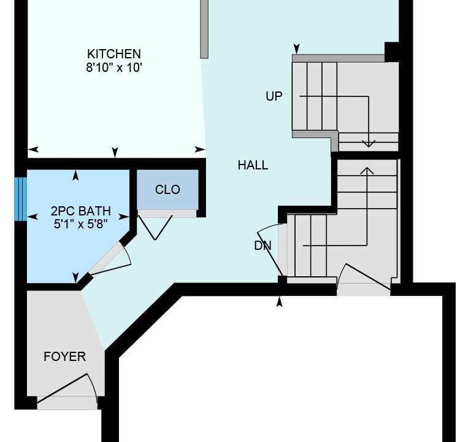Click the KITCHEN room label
tap(114, 54)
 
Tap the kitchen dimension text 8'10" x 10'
tap(114, 68)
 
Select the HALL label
tap(253, 165)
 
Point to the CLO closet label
tap(167, 190)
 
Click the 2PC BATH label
tap(81, 211)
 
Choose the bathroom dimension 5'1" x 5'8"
tap(81, 224)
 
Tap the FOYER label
tap(64, 357)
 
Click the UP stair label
tap(274, 96)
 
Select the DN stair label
tap(263, 246)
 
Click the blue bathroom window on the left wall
tap(21, 199)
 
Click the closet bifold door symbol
tap(155, 228)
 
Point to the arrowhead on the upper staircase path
tap(369, 144)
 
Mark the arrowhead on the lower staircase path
tap(367, 171)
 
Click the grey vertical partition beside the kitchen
tap(204, 29)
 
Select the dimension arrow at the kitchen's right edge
tap(201, 149)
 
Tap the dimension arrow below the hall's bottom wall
tap(280, 302)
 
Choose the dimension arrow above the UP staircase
tap(297, 48)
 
